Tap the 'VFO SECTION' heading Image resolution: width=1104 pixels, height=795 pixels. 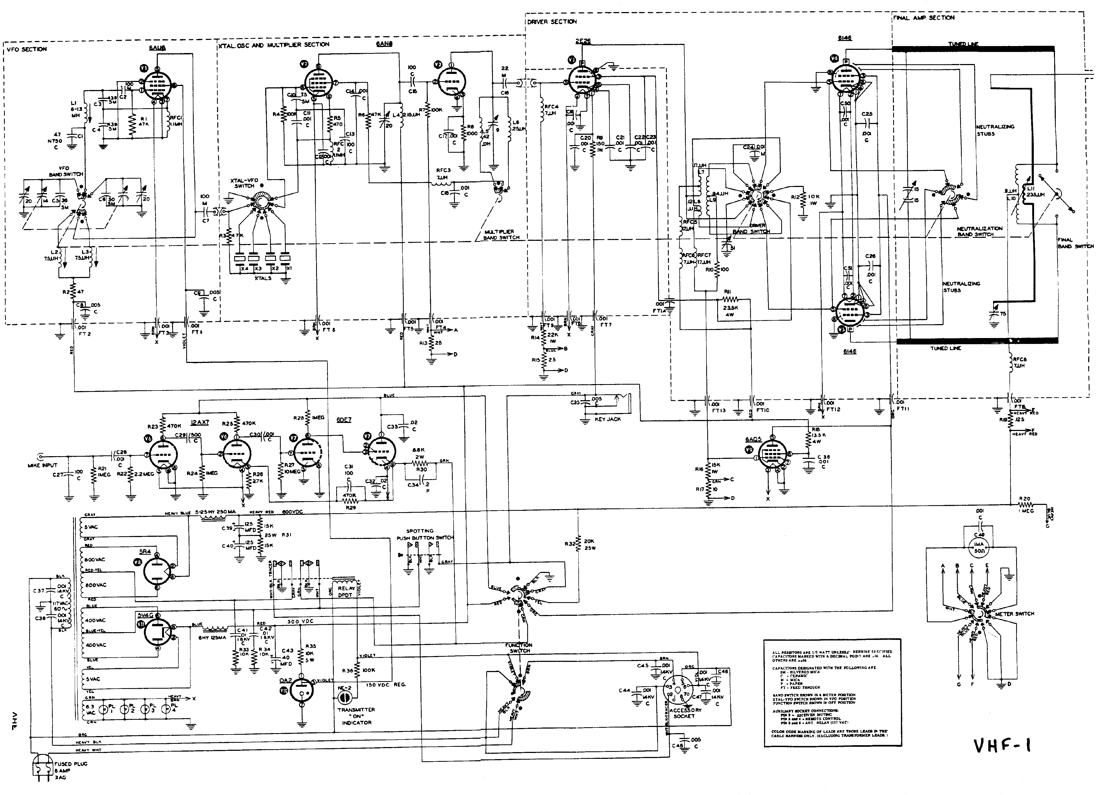(27, 49)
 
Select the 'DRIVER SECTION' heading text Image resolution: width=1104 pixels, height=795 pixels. (552, 22)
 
